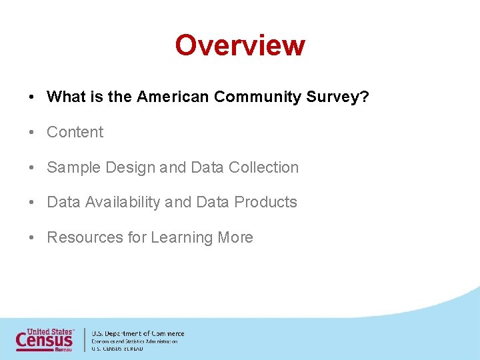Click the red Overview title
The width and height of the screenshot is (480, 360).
[x=240, y=45]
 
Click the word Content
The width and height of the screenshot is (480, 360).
[x=75, y=132]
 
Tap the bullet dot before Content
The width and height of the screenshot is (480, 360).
[x=32, y=133]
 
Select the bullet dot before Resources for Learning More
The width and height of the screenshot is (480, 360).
[x=32, y=238]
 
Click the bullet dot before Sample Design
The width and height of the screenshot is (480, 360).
[x=32, y=168]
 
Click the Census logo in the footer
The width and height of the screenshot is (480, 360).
[x=45, y=339]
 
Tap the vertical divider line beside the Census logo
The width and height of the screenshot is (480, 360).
[x=84, y=339]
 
